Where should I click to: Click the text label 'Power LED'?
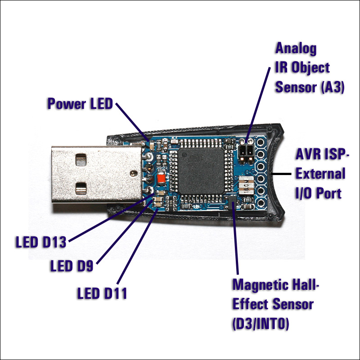(x=80, y=104)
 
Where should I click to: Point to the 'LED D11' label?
(x=102, y=294)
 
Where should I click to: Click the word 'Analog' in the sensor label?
(x=296, y=48)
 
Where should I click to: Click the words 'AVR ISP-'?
(x=322, y=154)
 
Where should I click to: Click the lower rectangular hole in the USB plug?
(x=81, y=187)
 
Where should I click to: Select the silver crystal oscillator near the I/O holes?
(x=245, y=185)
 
